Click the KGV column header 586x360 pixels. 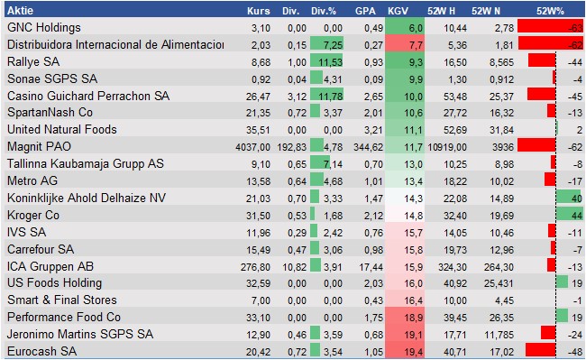(398, 12)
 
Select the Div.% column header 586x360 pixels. (321, 12)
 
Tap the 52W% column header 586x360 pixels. (549, 12)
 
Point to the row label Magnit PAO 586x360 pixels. (38, 145)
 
